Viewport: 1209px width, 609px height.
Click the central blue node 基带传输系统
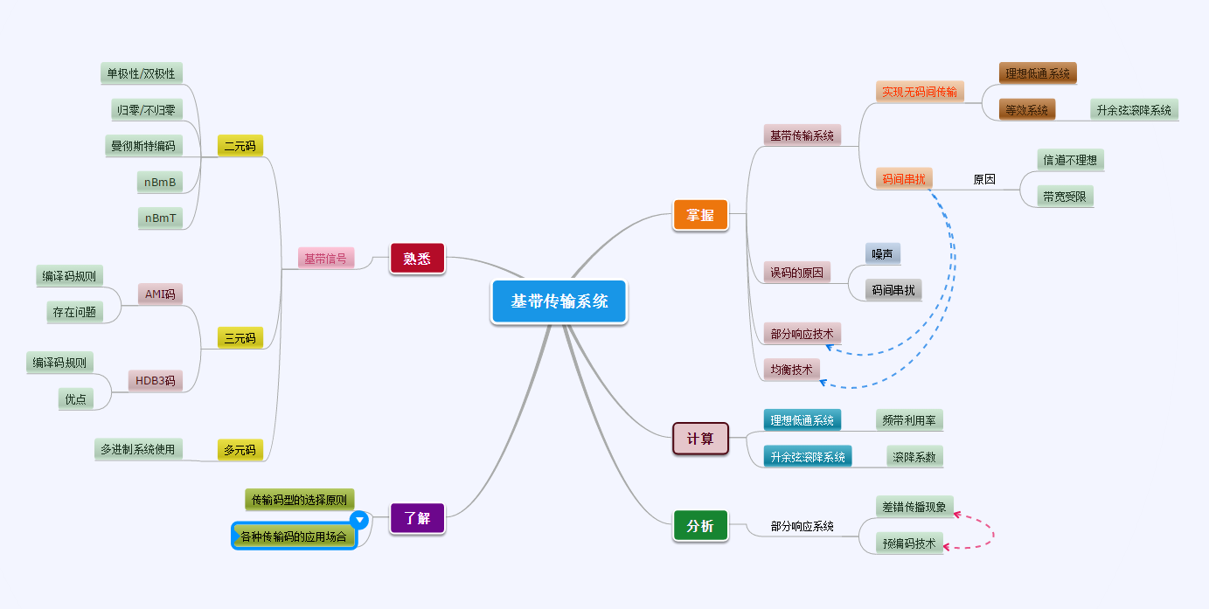coord(559,301)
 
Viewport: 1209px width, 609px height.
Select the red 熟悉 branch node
coord(417,259)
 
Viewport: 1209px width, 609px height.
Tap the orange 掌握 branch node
coord(700,215)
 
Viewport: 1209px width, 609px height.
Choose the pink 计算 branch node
coord(700,439)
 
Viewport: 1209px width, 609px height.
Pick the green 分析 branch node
coord(700,526)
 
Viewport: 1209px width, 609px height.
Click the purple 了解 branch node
coord(417,517)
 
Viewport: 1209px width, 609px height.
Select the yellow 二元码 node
coord(240,146)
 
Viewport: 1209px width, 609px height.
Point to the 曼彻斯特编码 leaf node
coord(142,145)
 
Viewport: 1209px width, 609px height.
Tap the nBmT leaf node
coord(161,218)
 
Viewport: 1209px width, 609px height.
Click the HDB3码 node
coord(156,380)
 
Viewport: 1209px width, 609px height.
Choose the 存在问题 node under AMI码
coord(74,311)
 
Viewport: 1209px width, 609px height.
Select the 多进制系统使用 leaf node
coord(137,449)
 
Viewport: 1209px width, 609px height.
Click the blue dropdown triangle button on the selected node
coord(358,520)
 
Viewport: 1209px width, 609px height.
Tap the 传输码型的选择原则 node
coord(299,500)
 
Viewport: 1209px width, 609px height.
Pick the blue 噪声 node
coord(883,253)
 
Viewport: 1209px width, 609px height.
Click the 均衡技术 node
coord(791,370)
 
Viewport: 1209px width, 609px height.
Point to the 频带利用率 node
coord(909,420)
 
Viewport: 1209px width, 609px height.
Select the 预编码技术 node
coord(909,543)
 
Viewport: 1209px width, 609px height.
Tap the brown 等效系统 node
coord(1026,110)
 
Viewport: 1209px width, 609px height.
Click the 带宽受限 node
coord(1065,197)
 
